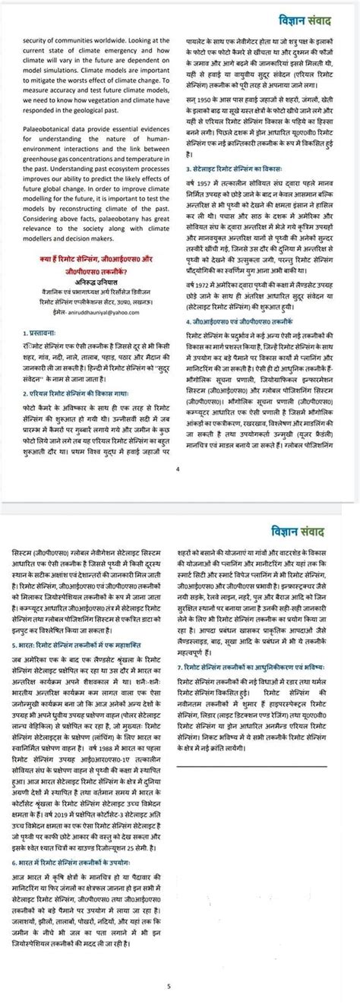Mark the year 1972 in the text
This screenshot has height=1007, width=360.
pyautogui.click(x=199, y=282)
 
